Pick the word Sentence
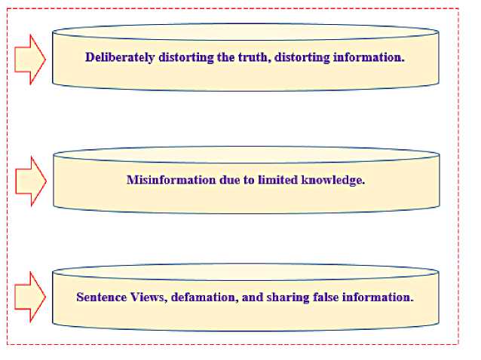pos(100,297)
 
